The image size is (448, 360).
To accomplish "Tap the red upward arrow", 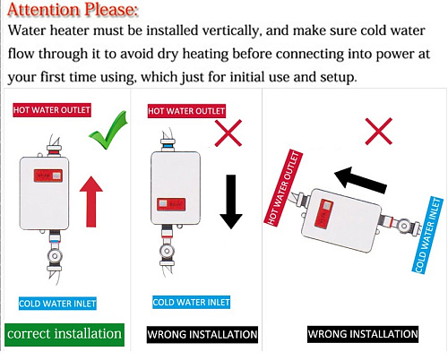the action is tap(91, 201).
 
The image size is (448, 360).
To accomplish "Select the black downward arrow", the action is tap(231, 201).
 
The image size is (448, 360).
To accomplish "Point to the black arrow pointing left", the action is tap(360, 180).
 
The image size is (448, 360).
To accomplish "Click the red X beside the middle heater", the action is tap(228, 133).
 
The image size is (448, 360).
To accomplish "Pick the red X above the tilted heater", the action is tap(379, 131).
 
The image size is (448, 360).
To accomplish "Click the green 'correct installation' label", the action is tap(65, 335).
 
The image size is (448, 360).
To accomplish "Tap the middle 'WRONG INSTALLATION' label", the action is tap(202, 334).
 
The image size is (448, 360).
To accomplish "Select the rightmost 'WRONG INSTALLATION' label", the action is tap(363, 334).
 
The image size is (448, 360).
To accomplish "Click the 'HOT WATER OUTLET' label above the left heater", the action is tap(52, 110).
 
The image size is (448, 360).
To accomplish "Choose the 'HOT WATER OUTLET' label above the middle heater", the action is tap(186, 111).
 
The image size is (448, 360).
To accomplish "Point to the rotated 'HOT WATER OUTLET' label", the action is tap(283, 188).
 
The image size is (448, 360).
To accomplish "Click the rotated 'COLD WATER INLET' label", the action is tap(427, 235).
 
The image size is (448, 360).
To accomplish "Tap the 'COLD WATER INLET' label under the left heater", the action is tap(57, 304).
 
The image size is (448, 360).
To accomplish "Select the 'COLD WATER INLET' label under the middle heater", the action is tap(191, 302).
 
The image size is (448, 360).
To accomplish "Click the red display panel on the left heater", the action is tap(48, 176).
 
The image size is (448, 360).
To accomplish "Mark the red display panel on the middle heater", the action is tap(171, 204).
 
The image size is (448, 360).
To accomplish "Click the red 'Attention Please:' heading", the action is tap(73, 10).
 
